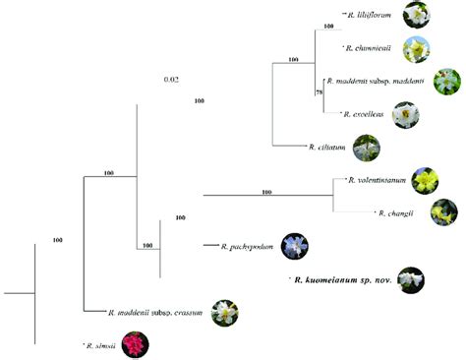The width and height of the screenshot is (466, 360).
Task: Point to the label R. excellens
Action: (365, 114)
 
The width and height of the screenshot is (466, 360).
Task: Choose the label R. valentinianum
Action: (379, 180)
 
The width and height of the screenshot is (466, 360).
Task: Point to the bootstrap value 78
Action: (318, 91)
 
